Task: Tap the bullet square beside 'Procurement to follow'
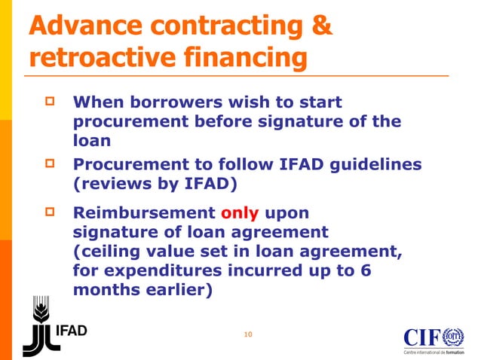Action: tap(52, 163)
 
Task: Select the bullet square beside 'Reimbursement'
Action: tap(52, 212)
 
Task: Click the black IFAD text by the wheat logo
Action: tap(73, 332)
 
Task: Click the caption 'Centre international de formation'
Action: tap(434, 352)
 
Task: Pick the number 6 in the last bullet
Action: tap(365, 271)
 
